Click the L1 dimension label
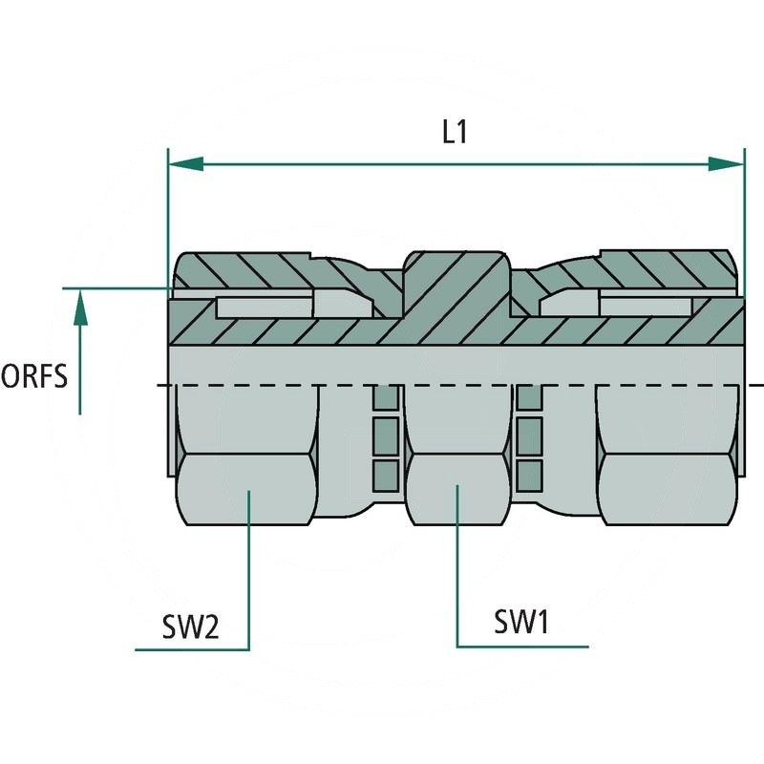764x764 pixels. (x=455, y=133)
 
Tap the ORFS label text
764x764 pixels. (x=34, y=376)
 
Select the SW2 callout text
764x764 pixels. (x=190, y=626)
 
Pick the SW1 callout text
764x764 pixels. (x=520, y=623)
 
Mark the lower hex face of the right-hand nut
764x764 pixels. (x=668, y=492)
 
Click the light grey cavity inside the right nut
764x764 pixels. (x=645, y=307)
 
